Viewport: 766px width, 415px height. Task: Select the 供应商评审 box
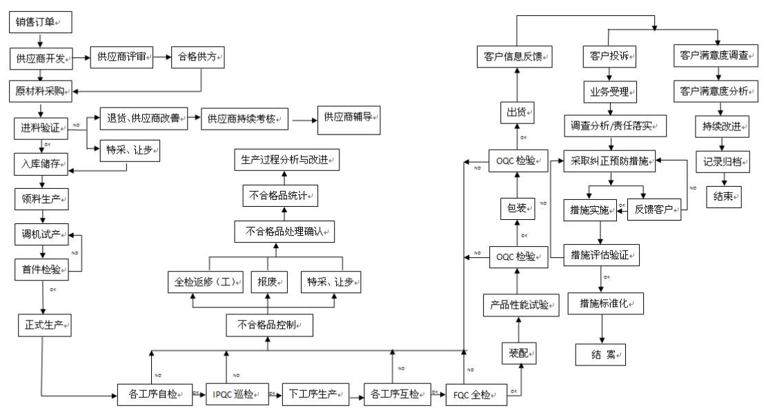121,57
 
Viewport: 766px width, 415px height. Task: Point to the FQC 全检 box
475,395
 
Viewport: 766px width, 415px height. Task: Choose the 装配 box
518,353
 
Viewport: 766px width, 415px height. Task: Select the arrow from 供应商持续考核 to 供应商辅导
302,119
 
